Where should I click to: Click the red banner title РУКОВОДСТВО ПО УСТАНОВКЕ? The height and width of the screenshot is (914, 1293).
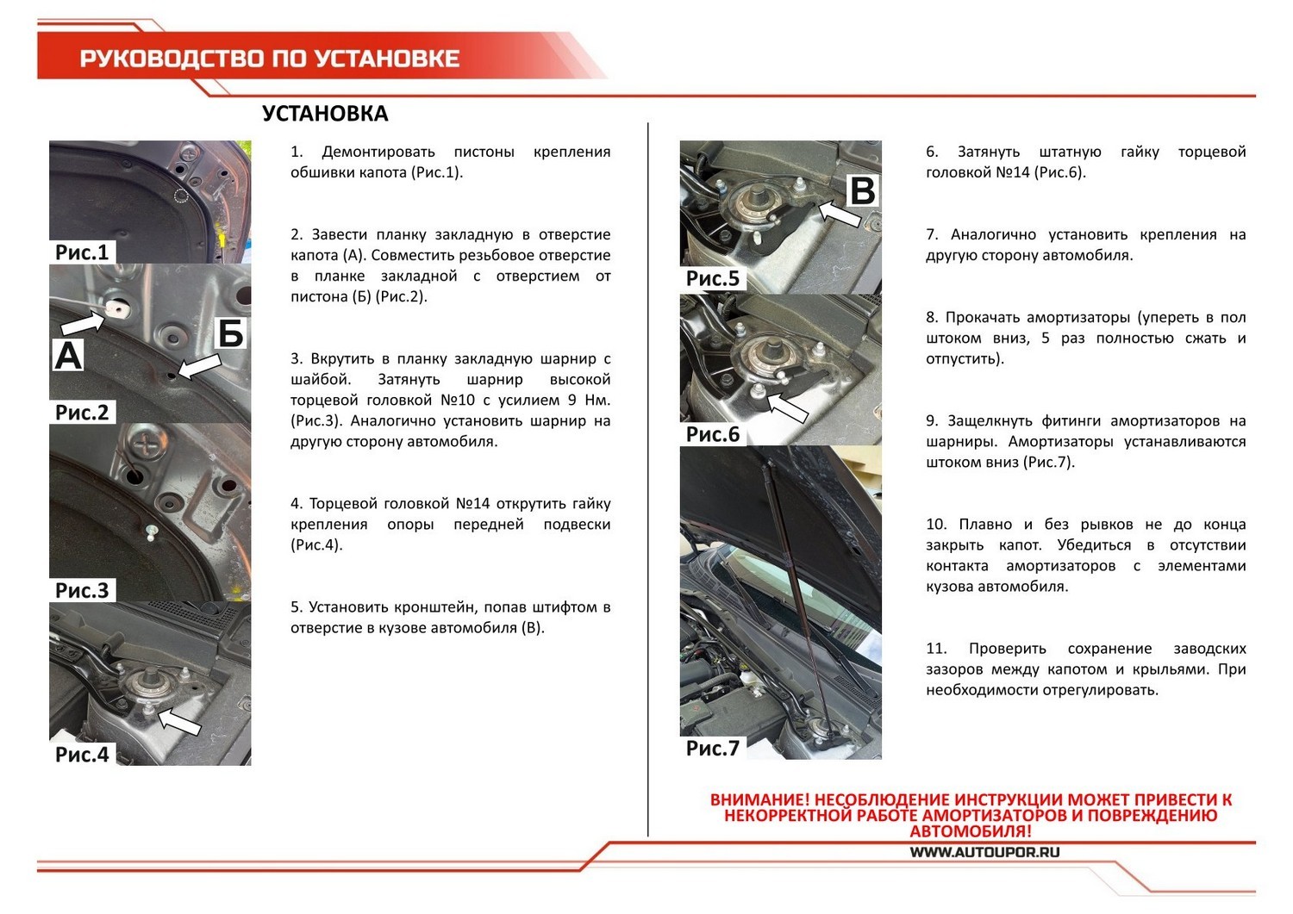(x=269, y=59)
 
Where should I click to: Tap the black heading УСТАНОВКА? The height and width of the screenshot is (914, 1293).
(x=325, y=114)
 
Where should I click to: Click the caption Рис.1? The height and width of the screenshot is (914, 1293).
(x=82, y=252)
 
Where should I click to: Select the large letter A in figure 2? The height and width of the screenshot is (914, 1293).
(x=68, y=354)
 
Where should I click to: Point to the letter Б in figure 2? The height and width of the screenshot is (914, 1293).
(x=230, y=333)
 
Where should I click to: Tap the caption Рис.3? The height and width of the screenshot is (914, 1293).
(x=82, y=590)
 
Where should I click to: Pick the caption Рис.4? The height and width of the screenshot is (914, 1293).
(x=82, y=755)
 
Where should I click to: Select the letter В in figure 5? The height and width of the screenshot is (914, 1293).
(x=862, y=190)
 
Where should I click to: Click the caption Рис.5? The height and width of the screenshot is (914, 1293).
(x=713, y=278)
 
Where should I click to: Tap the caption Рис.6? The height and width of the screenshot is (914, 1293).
(x=713, y=434)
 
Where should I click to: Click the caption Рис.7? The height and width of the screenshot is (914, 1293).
(x=713, y=748)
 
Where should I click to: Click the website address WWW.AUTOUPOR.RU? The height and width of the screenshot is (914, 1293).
(x=984, y=852)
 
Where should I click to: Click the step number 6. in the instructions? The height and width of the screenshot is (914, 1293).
(x=933, y=152)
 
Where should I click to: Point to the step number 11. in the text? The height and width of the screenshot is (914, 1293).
(x=936, y=649)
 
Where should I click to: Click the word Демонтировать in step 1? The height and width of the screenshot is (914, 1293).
(x=378, y=152)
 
